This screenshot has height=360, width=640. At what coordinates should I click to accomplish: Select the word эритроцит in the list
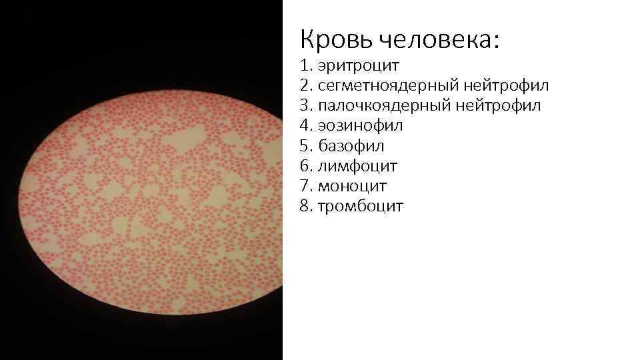pos(358,66)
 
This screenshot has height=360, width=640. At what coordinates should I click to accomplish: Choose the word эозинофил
pos(360,126)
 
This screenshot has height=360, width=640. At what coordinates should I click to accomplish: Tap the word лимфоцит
pos(357,166)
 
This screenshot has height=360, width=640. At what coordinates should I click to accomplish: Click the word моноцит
pos(352,186)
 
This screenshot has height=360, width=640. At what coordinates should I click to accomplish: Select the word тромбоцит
pos(360,206)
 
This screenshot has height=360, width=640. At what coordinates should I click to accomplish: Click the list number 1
pos(305,66)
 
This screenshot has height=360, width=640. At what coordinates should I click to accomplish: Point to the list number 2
pos(305,86)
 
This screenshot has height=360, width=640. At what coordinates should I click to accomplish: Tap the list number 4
pos(305,126)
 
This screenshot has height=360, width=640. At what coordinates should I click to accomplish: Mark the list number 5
pos(305,146)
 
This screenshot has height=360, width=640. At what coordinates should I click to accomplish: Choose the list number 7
pos(305,186)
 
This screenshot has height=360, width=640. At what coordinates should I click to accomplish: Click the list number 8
pos(305,206)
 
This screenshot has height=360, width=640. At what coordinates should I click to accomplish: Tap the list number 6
pos(305,166)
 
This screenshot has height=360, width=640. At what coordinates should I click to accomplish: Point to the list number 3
pos(305,106)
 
